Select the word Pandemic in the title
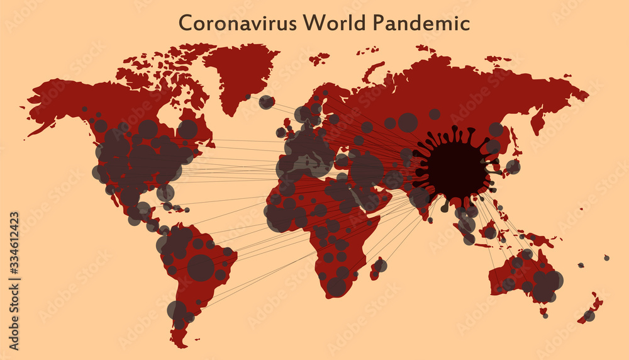[421, 23]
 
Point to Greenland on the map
[242, 72]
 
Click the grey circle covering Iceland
[267, 102]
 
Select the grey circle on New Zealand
[589, 315]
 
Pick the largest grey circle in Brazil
[201, 267]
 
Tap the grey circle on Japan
[513, 167]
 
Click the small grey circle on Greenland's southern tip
[248, 96]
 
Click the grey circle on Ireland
[281, 132]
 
